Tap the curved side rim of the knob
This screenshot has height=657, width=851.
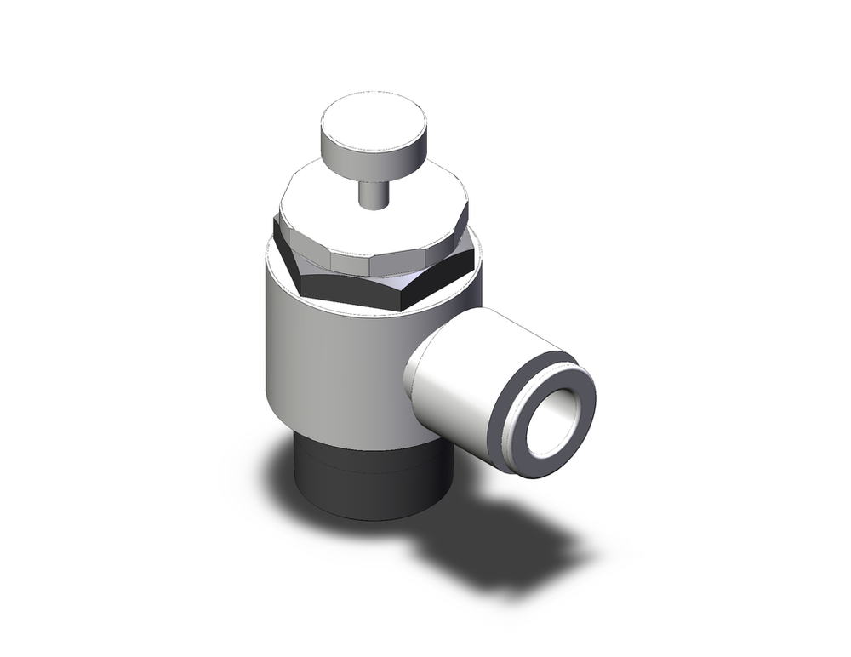coord(374,154)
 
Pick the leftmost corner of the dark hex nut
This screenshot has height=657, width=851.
coord(274,223)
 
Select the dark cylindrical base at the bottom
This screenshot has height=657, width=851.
coord(366,485)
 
